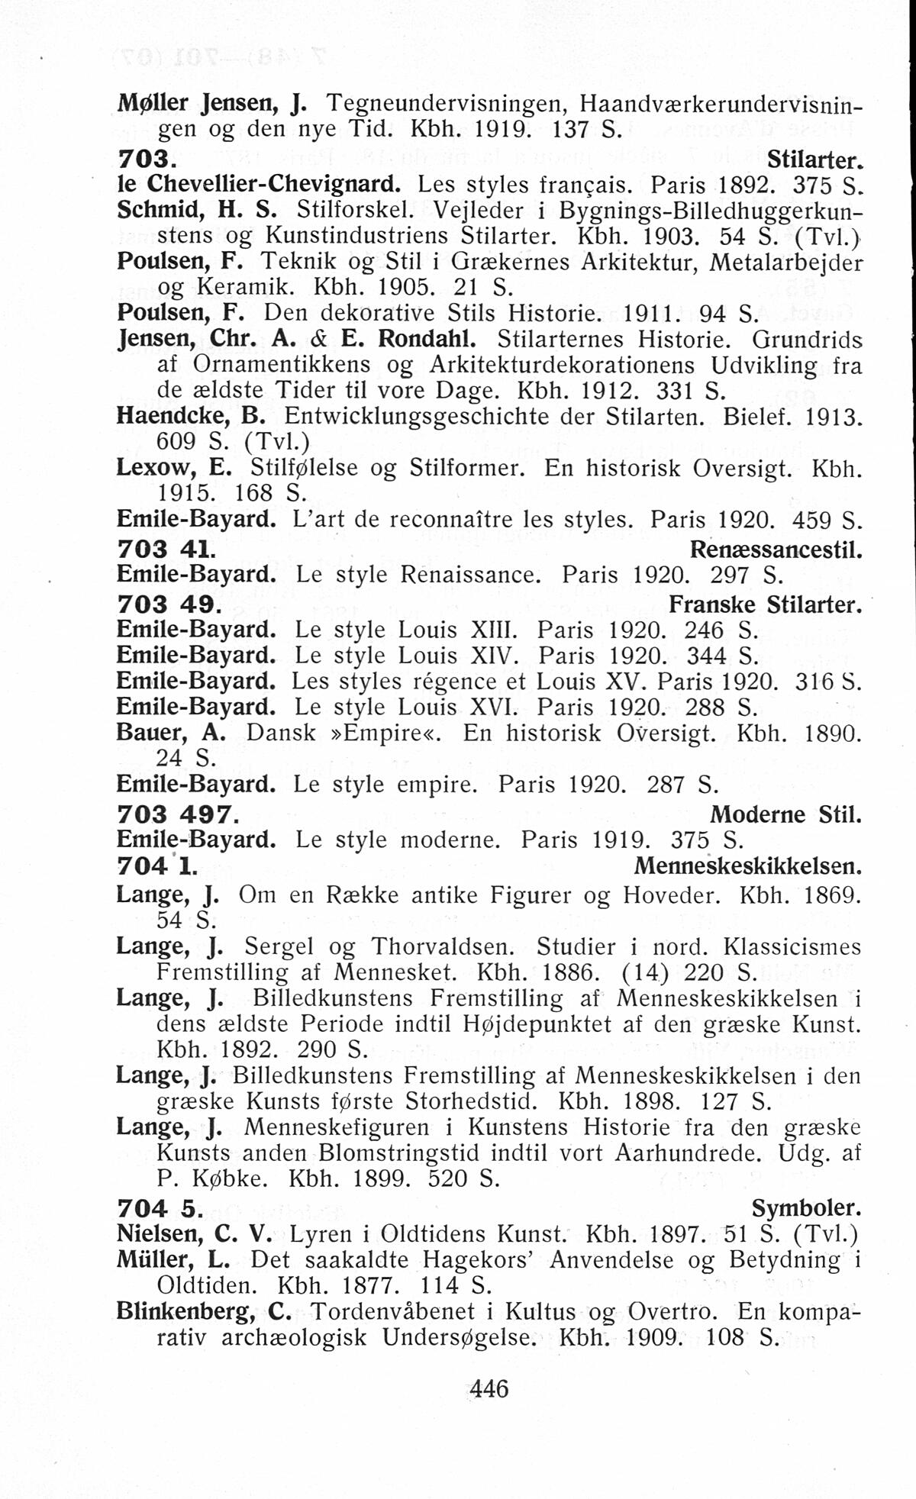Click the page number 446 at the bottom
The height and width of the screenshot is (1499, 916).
coord(489,1388)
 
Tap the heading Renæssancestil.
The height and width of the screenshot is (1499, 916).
coord(776,549)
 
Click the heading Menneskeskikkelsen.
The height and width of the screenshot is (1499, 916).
coord(747,866)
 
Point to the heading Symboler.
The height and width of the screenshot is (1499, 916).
coord(806,1208)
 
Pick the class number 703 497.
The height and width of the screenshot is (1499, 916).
coord(173,814)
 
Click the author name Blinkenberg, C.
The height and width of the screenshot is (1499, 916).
coord(204,1311)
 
